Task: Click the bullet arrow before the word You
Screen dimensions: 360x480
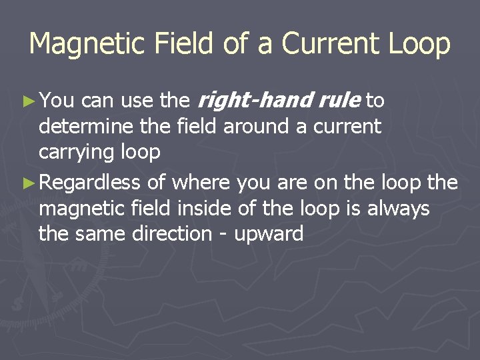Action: (x=28, y=101)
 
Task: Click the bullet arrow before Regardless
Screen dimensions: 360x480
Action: (x=28, y=183)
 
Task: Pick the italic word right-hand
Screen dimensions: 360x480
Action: (x=257, y=101)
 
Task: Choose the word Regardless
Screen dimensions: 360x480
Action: (x=93, y=182)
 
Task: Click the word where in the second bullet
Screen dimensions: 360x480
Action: (x=203, y=182)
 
